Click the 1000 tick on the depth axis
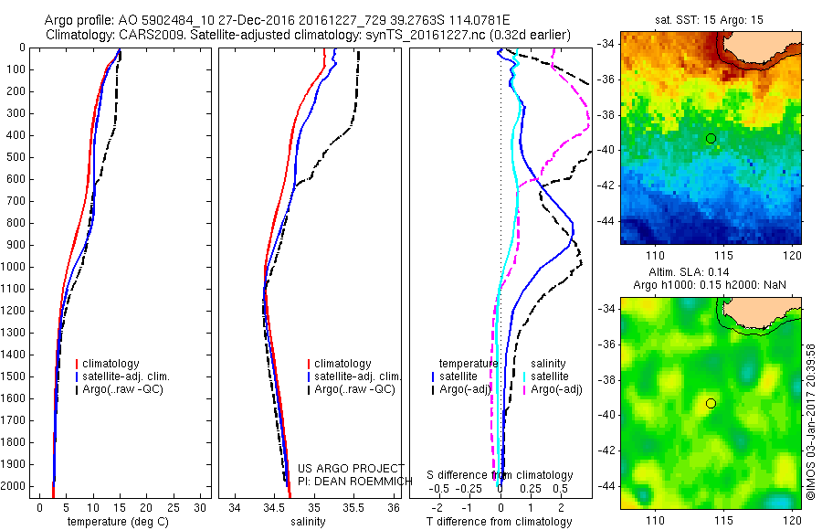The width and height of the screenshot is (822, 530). tap(13, 267)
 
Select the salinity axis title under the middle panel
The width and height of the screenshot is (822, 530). tap(306, 522)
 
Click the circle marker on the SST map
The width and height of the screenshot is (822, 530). tap(711, 138)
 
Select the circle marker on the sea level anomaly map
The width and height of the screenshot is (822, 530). tap(711, 403)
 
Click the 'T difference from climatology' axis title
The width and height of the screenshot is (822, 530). tap(500, 522)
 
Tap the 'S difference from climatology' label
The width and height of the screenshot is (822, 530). tap(501, 475)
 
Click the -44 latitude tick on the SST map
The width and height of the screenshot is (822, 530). tap(604, 221)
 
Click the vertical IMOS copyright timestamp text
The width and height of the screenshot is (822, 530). tap(811, 420)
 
